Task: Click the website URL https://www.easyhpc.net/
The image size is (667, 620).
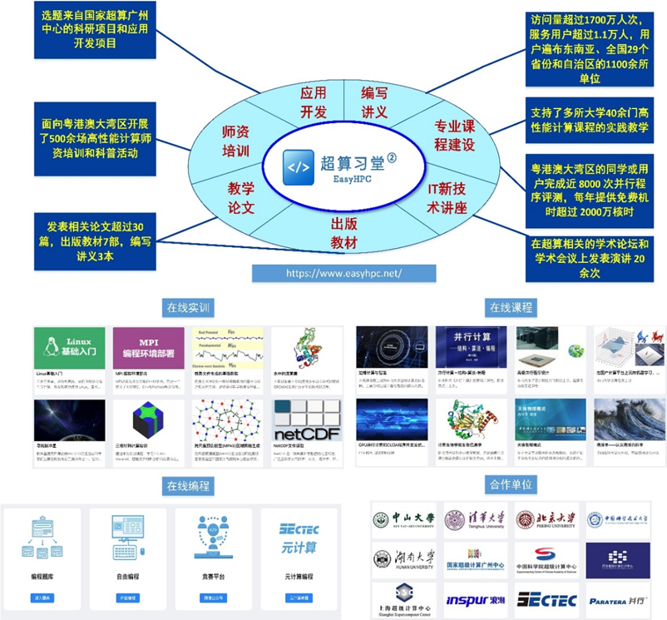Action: [343, 272]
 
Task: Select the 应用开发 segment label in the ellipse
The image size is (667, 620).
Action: [314, 102]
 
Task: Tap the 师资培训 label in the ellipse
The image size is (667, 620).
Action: [237, 141]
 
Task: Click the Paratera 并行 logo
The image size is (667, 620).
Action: [619, 600]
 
